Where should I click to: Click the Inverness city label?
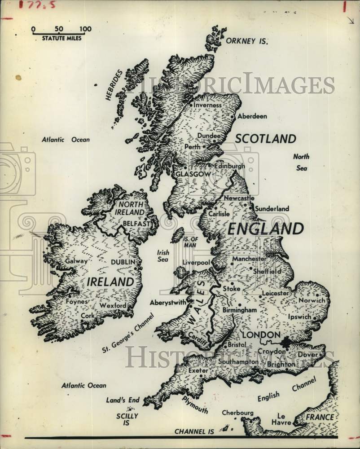click(x=207, y=105)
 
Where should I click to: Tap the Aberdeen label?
click(x=252, y=116)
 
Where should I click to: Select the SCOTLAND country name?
click(x=266, y=139)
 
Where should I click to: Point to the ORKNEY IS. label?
click(x=246, y=41)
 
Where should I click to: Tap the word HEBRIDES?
click(x=114, y=85)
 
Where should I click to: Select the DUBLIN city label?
click(x=123, y=262)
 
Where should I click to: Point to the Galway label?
click(x=76, y=261)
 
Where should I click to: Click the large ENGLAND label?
click(x=265, y=229)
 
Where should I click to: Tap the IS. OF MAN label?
click(x=191, y=242)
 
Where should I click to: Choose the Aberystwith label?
click(x=168, y=302)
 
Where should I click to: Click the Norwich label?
click(x=312, y=299)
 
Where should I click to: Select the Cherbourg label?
click(x=237, y=413)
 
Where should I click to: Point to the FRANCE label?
click(x=320, y=417)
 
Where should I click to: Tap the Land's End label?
click(x=123, y=400)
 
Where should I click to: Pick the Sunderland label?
click(x=272, y=209)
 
